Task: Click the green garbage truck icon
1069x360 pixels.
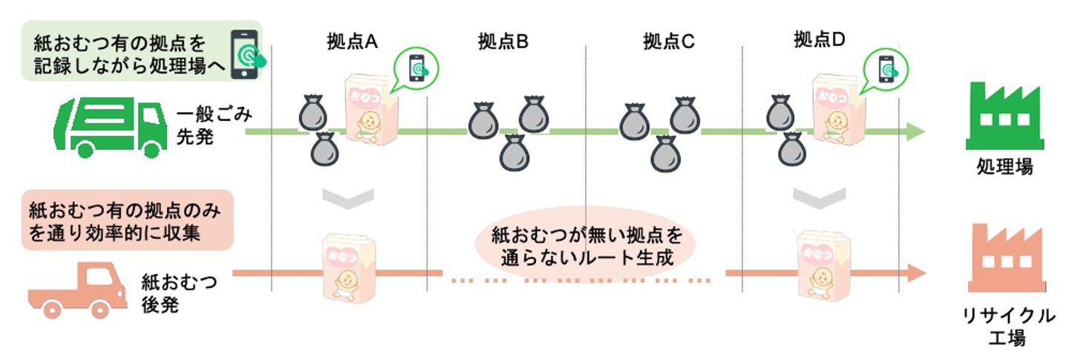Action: (109, 128)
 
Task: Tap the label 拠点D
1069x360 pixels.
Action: (820, 40)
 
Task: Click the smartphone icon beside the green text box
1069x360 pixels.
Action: (246, 55)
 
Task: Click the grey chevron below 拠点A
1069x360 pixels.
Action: (347, 197)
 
